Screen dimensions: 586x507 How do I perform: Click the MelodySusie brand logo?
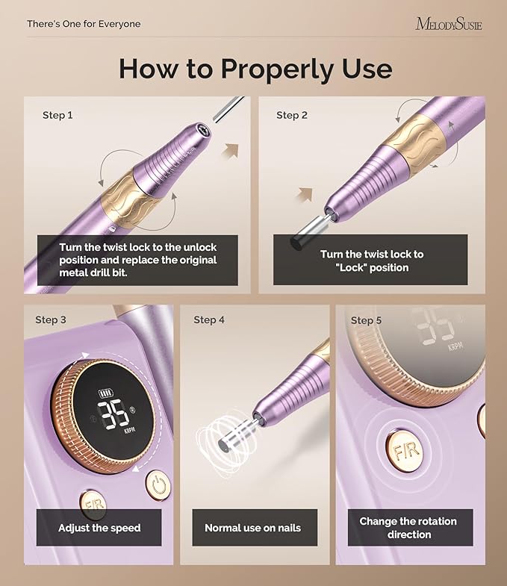448,24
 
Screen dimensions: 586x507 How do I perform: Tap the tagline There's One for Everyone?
84,24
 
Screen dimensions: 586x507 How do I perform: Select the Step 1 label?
58,116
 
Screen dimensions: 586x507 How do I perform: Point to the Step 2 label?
292,116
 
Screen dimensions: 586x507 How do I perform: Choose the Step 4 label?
209,320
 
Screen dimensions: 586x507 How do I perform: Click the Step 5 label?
366,320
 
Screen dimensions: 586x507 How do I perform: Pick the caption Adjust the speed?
99,528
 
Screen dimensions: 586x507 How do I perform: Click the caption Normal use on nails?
253,528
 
